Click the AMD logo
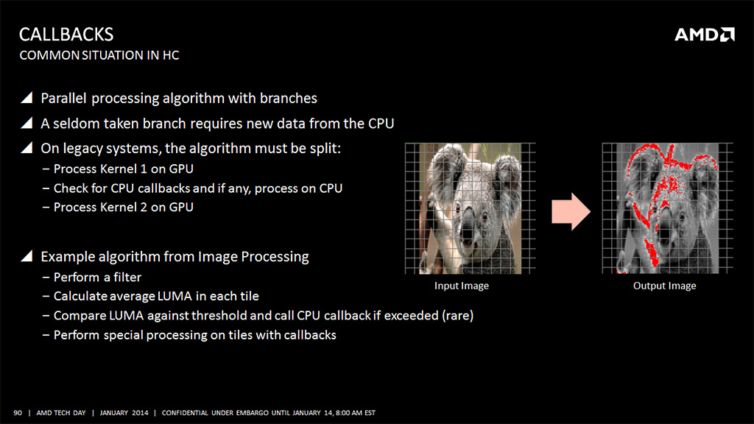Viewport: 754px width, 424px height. (705, 35)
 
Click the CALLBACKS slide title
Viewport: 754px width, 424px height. (66, 34)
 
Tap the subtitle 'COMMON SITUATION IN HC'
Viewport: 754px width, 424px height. (99, 55)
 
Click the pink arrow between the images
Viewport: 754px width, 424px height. (571, 211)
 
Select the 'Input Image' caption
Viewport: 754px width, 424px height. (461, 286)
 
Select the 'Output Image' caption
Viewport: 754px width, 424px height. (664, 286)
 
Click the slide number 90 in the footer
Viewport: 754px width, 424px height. (18, 412)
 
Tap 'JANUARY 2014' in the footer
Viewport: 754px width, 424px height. (124, 412)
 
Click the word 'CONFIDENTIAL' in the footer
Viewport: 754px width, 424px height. (185, 412)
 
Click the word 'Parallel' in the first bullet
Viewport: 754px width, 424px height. (63, 98)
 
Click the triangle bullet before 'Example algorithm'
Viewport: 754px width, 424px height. (27, 256)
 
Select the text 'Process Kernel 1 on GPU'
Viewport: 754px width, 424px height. (123, 169)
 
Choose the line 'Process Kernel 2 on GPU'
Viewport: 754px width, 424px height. (123, 207)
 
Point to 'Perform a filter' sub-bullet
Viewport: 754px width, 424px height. (97, 278)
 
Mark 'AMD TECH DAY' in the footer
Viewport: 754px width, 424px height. (61, 412)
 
